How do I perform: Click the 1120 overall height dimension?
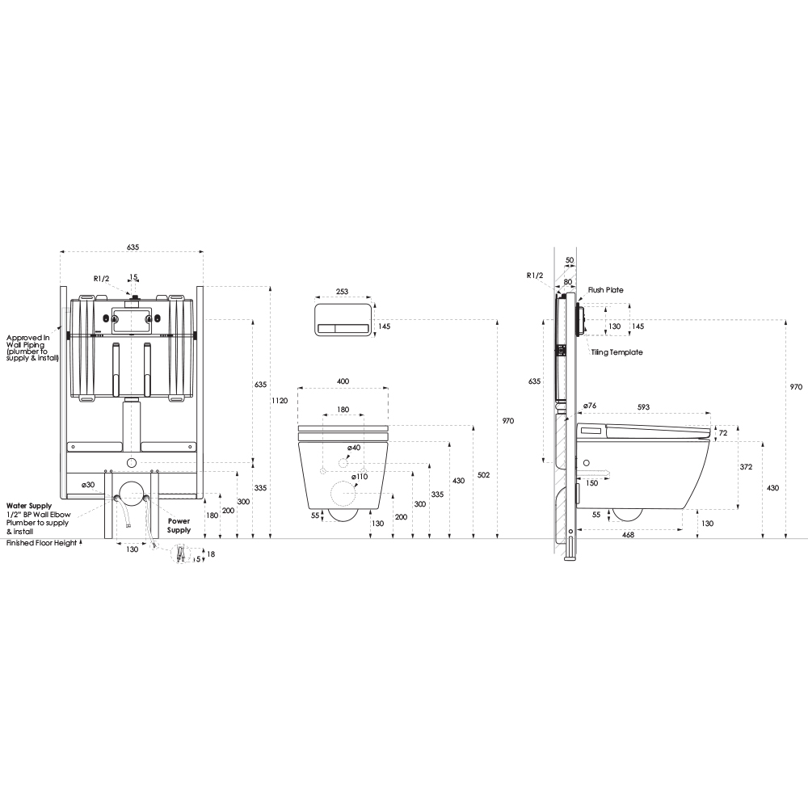tap(280, 401)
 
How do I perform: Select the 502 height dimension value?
tap(483, 474)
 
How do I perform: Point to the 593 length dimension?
tap(643, 406)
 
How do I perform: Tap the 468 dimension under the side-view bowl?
tap(628, 535)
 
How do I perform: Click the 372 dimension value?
tap(746, 467)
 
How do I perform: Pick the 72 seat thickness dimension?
tap(723, 433)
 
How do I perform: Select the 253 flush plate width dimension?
tap(342, 291)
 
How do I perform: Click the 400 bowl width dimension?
tap(343, 381)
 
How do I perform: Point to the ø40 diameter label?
tap(354, 448)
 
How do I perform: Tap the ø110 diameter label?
tap(360, 477)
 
